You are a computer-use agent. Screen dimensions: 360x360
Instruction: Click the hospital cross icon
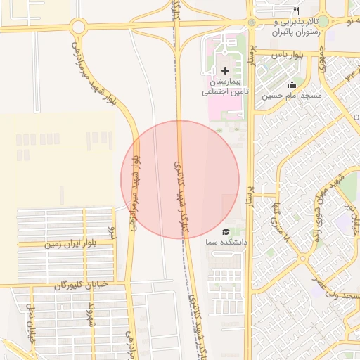click(x=225, y=70)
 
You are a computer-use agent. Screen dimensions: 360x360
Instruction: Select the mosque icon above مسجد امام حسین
click(x=292, y=84)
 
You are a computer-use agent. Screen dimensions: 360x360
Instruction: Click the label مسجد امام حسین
click(x=292, y=95)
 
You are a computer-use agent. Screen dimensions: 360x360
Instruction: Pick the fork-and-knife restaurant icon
click(x=296, y=11)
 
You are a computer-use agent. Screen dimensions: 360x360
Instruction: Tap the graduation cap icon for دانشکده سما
click(x=225, y=232)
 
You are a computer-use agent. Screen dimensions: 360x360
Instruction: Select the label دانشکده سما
click(x=221, y=242)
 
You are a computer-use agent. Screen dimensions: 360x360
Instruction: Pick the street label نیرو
click(x=110, y=229)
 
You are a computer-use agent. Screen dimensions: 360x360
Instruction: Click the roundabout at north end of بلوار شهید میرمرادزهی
click(x=78, y=27)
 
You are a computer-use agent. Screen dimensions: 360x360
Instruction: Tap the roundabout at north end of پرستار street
click(x=251, y=22)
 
